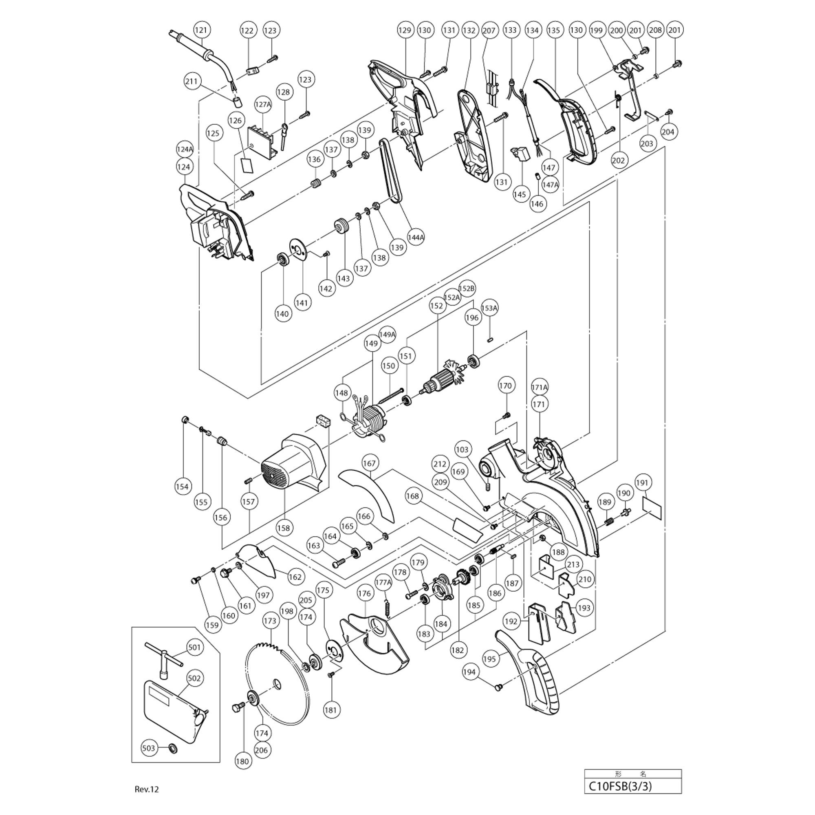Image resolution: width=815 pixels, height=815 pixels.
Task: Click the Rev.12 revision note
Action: [x=147, y=790]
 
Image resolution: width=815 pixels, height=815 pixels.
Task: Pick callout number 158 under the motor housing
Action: [x=284, y=527]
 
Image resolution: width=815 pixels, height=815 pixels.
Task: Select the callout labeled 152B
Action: [x=467, y=289]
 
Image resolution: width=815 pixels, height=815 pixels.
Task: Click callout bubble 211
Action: [x=192, y=81]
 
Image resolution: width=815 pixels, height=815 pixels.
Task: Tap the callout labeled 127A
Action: [x=263, y=104]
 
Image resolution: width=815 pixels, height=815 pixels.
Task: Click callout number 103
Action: [x=462, y=450]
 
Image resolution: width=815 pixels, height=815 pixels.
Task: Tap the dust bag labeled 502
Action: [x=173, y=713]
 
